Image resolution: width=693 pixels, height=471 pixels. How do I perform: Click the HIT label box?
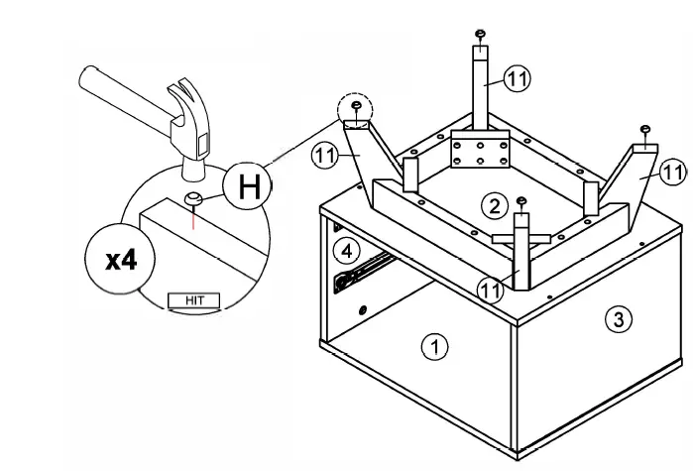pos(193,300)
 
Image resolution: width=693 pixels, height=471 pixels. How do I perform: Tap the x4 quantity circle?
pos(120,260)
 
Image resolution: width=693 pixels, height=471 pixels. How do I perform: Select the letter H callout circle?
pos(248,186)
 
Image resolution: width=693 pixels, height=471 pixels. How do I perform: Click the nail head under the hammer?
pos(193,198)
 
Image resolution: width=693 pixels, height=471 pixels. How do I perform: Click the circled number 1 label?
pos(435,346)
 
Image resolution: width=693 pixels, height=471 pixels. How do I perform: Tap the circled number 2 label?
pos(495,206)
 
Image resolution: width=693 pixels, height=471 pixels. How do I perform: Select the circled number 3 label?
pos(619,318)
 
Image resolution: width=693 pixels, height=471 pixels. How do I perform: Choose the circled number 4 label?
pos(347,251)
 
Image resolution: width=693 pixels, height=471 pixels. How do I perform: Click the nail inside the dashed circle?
pos(356,105)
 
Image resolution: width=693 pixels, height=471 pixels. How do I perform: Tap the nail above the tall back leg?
pos(481,34)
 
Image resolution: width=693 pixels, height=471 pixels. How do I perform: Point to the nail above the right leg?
pos(645,130)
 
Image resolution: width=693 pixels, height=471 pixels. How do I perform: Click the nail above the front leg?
pos(521,201)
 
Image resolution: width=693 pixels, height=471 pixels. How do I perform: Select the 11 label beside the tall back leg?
pos(518,78)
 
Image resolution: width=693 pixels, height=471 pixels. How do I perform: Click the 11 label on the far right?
pos(673,173)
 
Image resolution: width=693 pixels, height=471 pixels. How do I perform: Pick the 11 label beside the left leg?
pos(325,156)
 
